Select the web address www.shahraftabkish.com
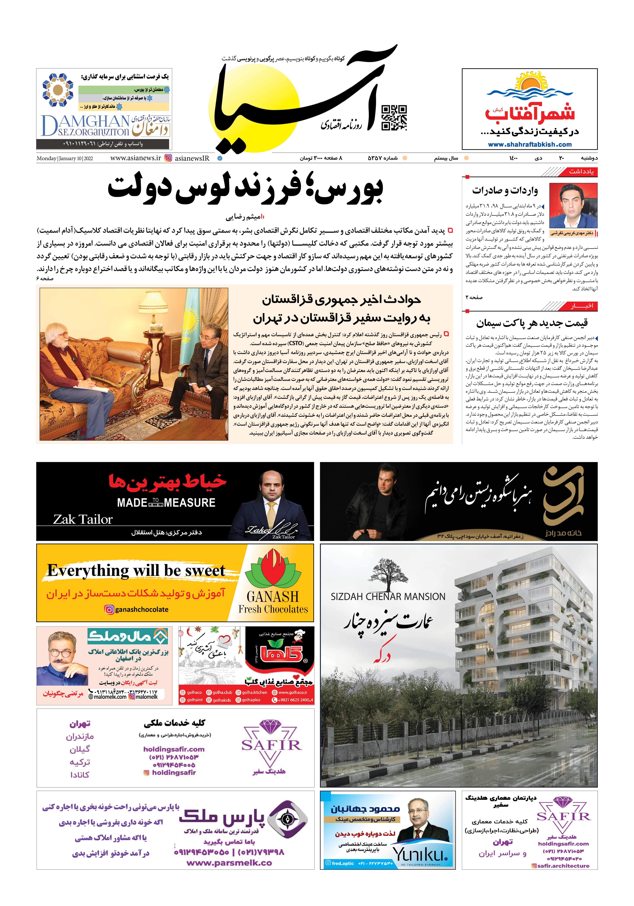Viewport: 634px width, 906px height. pos(529,144)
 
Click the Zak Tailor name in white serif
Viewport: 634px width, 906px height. pos(83,519)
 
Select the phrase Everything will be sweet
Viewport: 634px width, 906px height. pos(136,571)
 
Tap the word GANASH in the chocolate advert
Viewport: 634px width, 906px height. pos(273,596)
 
